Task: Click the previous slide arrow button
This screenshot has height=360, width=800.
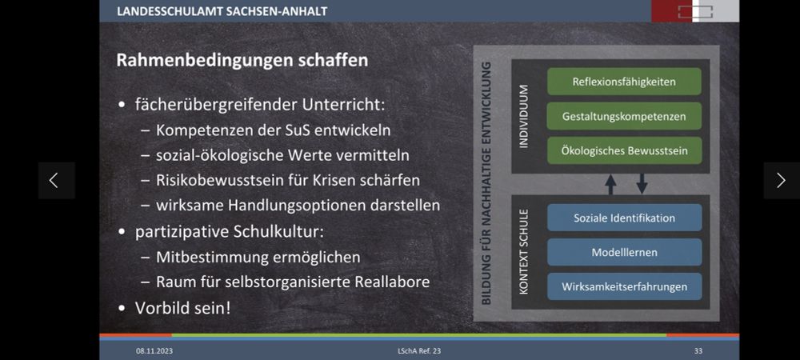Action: pyautogui.click(x=56, y=180)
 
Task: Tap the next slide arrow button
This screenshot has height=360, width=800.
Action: pyautogui.click(x=781, y=180)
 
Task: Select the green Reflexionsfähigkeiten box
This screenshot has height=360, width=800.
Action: pyautogui.click(x=624, y=82)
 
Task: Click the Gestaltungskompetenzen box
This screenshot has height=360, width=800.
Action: pyautogui.click(x=624, y=116)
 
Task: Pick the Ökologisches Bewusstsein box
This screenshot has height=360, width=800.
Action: pyautogui.click(x=624, y=150)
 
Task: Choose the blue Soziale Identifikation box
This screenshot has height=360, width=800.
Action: pyautogui.click(x=624, y=218)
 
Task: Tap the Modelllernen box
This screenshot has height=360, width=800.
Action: pyautogui.click(x=624, y=252)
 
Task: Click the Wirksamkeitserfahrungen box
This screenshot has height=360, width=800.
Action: pyautogui.click(x=624, y=286)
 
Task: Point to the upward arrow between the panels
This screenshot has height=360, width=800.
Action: pyautogui.click(x=610, y=184)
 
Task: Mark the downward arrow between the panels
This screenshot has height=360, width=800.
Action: pyautogui.click(x=642, y=184)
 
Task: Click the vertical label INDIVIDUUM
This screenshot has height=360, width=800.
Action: pyautogui.click(x=524, y=116)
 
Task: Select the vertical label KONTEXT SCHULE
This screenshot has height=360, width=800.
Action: pyautogui.click(x=524, y=252)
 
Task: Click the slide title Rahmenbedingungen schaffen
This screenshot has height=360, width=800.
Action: pyautogui.click(x=242, y=60)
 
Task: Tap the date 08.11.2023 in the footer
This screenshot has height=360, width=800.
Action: pyautogui.click(x=154, y=351)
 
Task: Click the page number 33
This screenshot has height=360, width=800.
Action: pyautogui.click(x=698, y=351)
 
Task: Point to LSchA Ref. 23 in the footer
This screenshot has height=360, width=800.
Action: pyautogui.click(x=419, y=351)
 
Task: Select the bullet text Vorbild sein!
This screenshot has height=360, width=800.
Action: pyautogui.click(x=182, y=307)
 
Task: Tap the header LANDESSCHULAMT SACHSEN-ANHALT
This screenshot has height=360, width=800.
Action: pyautogui.click(x=222, y=11)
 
